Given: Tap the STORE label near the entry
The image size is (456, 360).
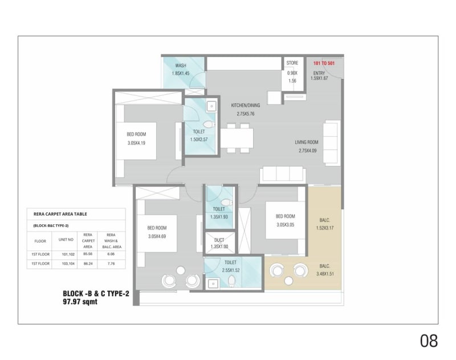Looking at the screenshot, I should (x=292, y=63).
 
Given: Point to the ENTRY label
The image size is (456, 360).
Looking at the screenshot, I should (x=319, y=73).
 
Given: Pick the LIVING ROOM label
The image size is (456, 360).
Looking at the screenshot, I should (x=307, y=142).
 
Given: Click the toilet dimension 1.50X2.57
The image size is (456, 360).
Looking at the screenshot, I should (x=198, y=140).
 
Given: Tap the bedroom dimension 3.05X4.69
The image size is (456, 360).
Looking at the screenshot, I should (x=156, y=236).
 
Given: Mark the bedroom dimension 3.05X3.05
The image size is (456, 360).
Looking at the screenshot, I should (x=285, y=225).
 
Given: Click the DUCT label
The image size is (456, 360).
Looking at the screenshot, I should (x=215, y=239).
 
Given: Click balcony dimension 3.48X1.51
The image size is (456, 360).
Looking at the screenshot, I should (x=324, y=274).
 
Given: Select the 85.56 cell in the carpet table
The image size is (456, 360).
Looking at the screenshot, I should (x=87, y=253).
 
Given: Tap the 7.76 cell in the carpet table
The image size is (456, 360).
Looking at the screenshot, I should (x=111, y=264).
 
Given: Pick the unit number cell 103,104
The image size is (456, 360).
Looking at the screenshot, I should (x=68, y=264).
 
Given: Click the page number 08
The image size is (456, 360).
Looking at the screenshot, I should (x=429, y=341).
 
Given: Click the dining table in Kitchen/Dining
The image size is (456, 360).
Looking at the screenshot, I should (x=237, y=137).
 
